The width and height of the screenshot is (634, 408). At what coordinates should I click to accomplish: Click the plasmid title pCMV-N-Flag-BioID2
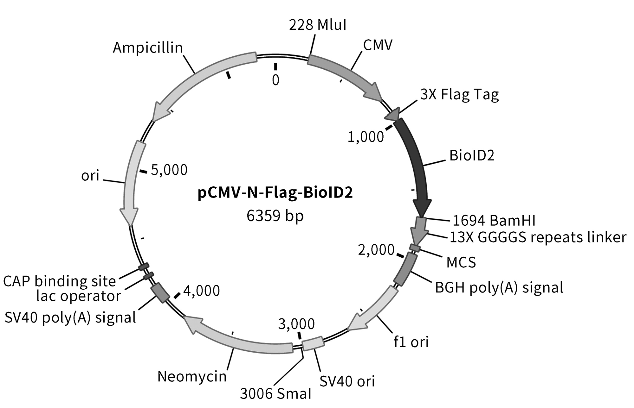(275, 193)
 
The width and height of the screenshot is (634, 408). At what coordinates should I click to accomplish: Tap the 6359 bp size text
(275, 216)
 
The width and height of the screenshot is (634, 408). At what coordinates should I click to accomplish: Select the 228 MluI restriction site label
(318, 25)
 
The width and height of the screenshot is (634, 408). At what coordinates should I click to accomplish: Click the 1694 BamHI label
(494, 221)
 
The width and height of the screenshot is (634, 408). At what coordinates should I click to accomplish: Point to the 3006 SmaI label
(275, 393)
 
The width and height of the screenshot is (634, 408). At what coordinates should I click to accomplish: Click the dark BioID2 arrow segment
(415, 165)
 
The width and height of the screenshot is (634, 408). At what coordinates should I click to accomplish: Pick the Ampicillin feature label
(148, 48)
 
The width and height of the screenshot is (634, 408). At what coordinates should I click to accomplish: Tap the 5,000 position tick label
(169, 170)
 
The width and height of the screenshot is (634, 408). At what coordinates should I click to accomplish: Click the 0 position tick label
(275, 80)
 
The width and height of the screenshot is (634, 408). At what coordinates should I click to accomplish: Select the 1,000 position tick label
(366, 137)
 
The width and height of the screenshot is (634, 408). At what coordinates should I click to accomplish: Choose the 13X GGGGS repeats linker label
(538, 237)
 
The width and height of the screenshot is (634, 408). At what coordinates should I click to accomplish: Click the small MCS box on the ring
(415, 248)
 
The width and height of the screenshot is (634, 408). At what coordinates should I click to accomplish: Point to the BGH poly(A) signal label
(499, 287)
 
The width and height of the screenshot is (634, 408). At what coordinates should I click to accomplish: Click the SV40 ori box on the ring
(313, 344)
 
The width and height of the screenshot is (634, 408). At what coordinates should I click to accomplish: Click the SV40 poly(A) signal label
(70, 317)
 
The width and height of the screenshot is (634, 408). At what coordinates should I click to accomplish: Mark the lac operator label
(78, 296)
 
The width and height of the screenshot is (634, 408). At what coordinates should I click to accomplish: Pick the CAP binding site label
(60, 281)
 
